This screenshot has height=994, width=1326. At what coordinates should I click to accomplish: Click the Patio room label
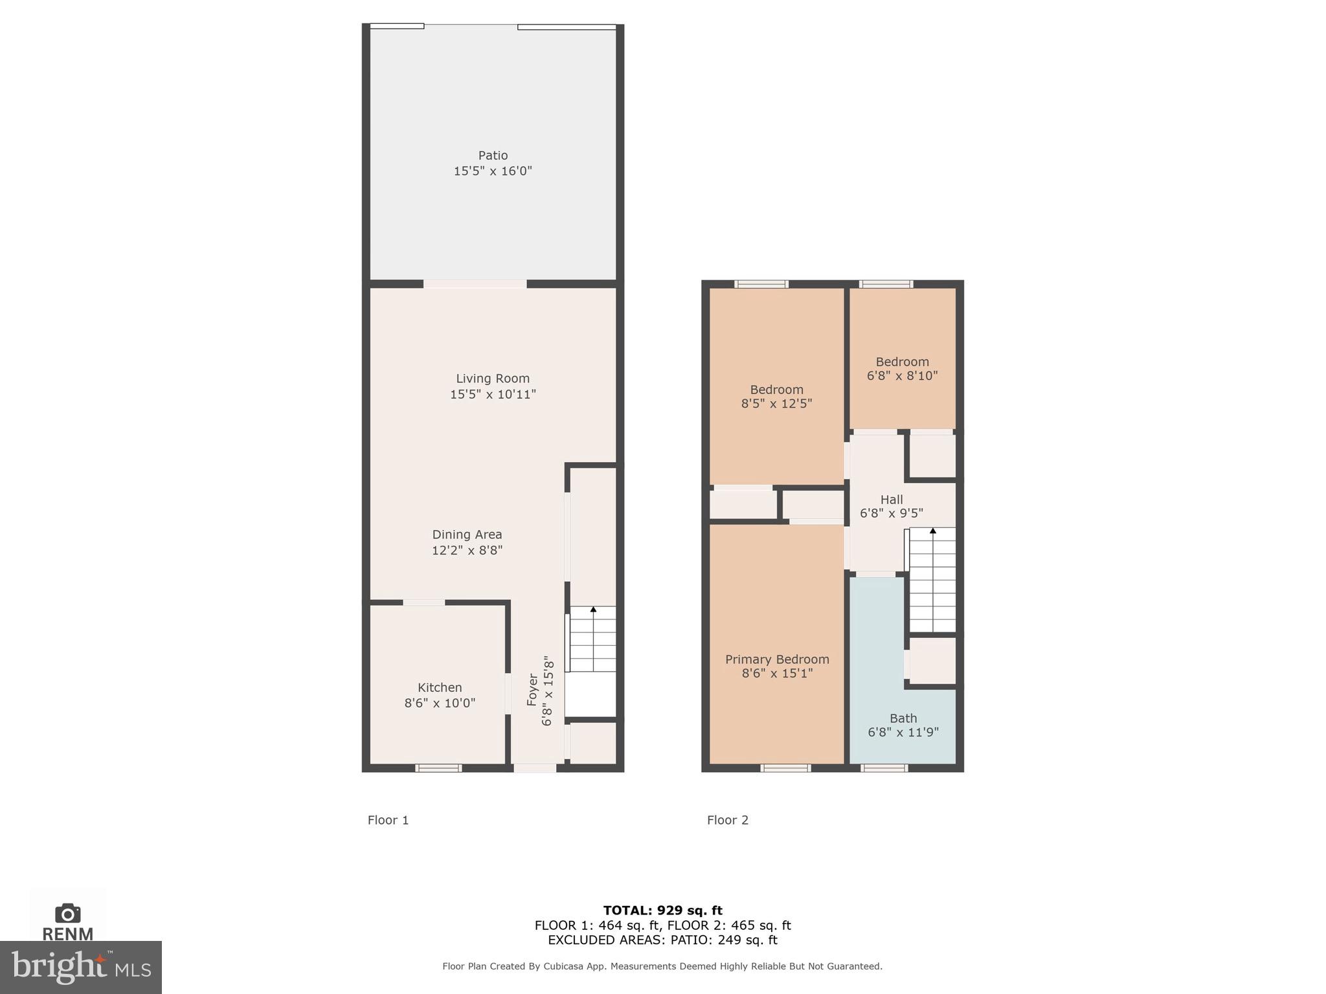pos(493,155)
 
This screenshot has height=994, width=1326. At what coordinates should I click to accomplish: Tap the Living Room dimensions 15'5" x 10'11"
pos(493,394)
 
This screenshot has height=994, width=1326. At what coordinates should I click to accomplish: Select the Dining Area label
pos(467,535)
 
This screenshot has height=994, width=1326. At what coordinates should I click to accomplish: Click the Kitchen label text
pos(440,687)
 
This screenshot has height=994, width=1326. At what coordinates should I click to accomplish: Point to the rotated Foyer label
pos(532,690)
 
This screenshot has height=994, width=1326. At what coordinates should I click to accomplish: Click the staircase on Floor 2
pos(932,580)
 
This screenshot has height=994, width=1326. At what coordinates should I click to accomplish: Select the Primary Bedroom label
pos(776,659)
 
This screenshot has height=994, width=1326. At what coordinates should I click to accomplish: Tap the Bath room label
pos(903,718)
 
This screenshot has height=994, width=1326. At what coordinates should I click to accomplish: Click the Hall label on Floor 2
pos(891,500)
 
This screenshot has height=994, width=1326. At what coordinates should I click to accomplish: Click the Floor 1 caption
pos(388,820)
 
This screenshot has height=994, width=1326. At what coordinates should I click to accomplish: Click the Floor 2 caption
pos(727,820)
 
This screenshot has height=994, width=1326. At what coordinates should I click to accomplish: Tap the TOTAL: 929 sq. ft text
pos(662,911)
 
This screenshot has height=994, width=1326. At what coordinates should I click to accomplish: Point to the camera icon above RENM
pos(67,913)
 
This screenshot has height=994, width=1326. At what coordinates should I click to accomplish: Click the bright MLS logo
pos(80,967)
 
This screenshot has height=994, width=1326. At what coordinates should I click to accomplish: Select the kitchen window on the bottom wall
pos(438,768)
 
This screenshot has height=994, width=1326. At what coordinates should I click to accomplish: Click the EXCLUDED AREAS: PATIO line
pos(662,940)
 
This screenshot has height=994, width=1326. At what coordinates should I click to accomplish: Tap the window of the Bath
pos(884,768)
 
